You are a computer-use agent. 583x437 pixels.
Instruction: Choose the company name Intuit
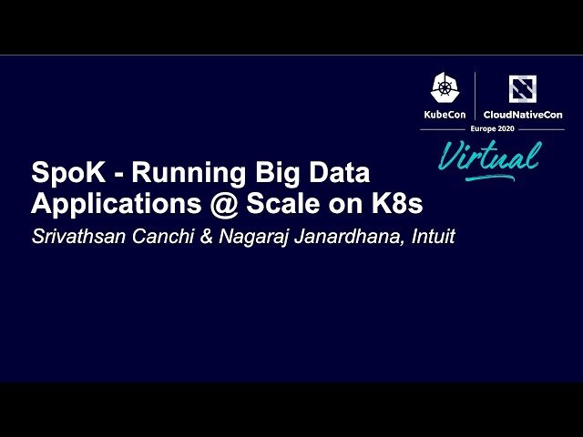[x=428, y=237]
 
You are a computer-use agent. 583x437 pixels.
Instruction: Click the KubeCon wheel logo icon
[x=445, y=88]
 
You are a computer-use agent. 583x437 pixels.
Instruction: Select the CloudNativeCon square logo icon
[x=523, y=88]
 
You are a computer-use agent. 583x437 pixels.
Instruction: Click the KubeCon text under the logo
[x=445, y=115]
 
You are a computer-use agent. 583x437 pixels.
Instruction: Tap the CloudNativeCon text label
[x=523, y=115]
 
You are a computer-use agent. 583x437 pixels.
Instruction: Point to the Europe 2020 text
[x=491, y=130]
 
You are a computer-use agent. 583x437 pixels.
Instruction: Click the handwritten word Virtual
[x=489, y=156]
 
